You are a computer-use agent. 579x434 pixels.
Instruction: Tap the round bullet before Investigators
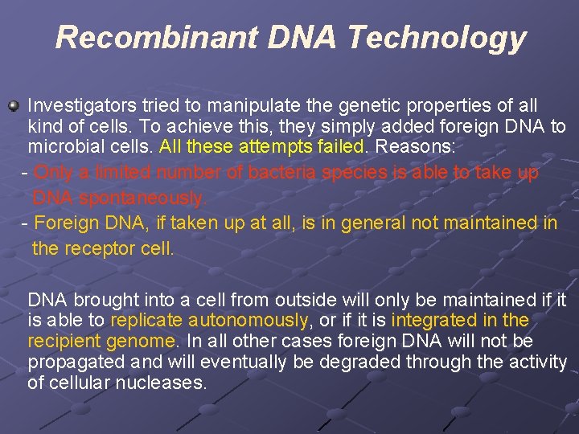pos(13,106)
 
